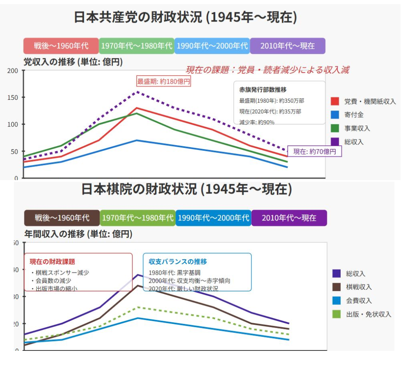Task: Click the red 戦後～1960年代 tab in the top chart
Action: (x=61, y=46)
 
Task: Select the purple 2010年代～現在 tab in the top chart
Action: (x=287, y=46)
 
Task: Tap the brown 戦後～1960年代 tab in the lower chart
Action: (x=62, y=218)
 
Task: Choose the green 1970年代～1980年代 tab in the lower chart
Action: (x=138, y=218)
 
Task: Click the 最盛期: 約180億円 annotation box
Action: (x=163, y=81)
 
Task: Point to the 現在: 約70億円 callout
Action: (x=315, y=152)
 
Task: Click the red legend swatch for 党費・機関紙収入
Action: (x=335, y=101)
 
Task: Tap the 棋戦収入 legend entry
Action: (x=359, y=287)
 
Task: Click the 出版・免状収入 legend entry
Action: (x=368, y=314)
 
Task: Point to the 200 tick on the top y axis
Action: (x=13, y=71)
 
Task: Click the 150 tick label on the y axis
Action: (x=13, y=97)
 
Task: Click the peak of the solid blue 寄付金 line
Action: (x=137, y=140)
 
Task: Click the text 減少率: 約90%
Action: (x=257, y=121)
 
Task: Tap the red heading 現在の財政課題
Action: (x=52, y=262)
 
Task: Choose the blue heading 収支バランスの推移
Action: (x=178, y=262)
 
